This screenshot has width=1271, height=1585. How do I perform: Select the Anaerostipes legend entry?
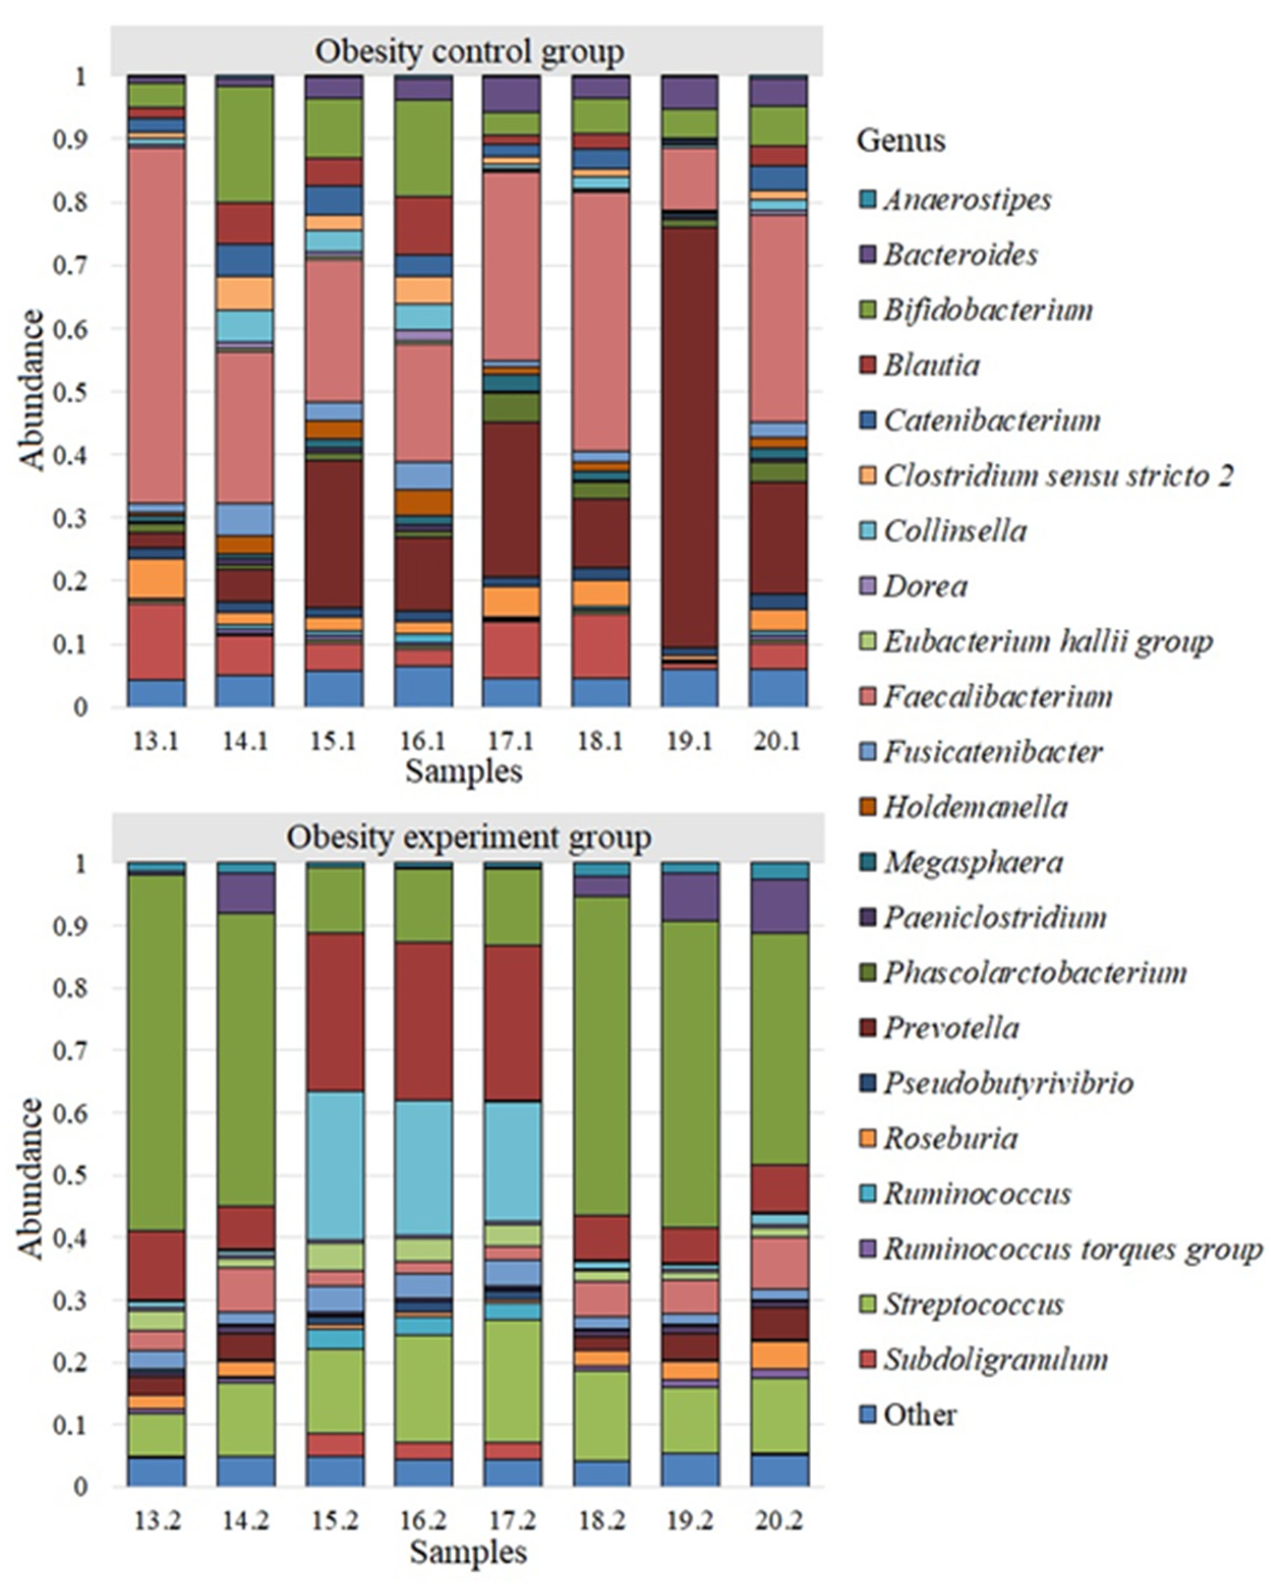tap(967, 199)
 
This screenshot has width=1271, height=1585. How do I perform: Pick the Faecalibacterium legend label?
tap(997, 696)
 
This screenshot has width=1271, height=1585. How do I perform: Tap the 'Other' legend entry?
tap(919, 1415)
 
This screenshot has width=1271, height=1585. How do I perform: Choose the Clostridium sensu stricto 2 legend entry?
tap(1057, 476)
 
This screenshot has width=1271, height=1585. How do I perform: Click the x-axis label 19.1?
tap(689, 741)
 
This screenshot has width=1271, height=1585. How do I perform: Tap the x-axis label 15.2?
tap(335, 1519)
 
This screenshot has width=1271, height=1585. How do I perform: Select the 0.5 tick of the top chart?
tap(71, 392)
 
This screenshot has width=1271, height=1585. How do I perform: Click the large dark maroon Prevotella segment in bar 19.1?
tap(689, 434)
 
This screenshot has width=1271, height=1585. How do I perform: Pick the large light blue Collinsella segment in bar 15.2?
tap(335, 1165)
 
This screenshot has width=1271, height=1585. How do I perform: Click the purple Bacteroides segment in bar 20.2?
tap(779, 906)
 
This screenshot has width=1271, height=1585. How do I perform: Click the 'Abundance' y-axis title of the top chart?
tap(31, 390)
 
